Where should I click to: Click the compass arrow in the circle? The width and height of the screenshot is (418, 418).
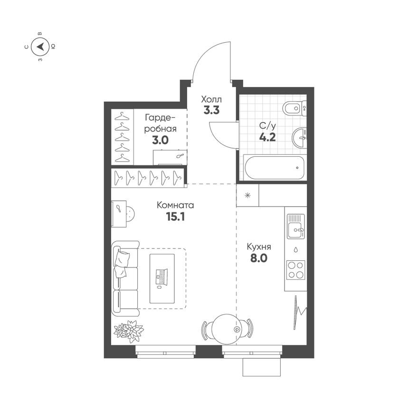(40, 47)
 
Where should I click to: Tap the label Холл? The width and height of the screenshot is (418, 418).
(211, 99)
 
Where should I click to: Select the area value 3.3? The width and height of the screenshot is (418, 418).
(211, 110)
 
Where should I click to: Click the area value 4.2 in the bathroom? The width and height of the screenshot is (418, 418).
(267, 137)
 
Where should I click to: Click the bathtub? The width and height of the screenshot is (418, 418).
(275, 168)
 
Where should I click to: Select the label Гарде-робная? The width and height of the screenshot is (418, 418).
(160, 123)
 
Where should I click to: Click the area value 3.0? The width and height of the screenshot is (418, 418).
(160, 140)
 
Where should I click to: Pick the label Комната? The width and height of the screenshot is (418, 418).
(175, 205)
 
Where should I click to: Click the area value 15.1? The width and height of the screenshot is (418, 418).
(175, 217)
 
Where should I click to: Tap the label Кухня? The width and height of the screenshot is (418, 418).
(259, 247)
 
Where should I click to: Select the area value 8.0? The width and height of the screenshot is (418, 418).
(259, 258)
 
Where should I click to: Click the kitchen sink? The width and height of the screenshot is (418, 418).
(295, 226)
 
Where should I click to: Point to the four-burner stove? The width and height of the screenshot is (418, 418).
(295, 270)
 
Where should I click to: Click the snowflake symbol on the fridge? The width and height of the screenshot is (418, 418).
(247, 196)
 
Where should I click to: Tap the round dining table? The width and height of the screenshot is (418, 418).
(227, 329)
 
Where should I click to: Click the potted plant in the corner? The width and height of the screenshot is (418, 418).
(129, 331)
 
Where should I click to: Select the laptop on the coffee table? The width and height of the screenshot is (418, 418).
(161, 277)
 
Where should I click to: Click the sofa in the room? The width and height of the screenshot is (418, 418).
(125, 278)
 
